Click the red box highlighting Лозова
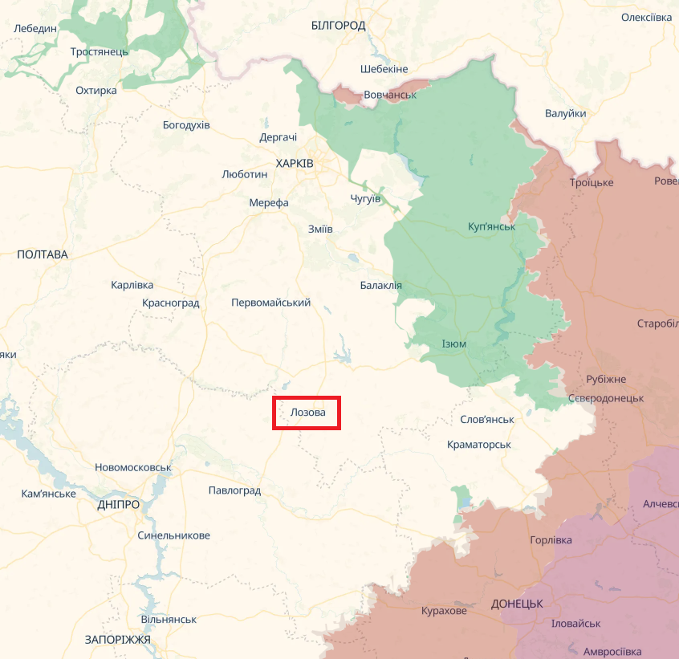pos(307,413)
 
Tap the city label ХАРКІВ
pos(295,163)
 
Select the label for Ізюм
pos(453,344)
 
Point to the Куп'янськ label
pos(491,227)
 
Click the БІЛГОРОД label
pos(338,26)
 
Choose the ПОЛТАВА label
pos(43,254)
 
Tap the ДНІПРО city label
pos(118,504)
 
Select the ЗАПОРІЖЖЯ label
pos(117,640)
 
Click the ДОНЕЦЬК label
pos(517,603)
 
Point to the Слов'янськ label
pos(487,420)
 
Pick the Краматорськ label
pos(479,444)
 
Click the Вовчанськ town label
pos(390,95)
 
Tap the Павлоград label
pos(234,490)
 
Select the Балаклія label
pos(381,286)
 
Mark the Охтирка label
pos(96,91)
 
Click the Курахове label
pos(444,611)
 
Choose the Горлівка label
pos(551,540)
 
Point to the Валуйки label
pos(565,114)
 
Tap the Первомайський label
pos(270,303)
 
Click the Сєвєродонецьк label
pos(605,398)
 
